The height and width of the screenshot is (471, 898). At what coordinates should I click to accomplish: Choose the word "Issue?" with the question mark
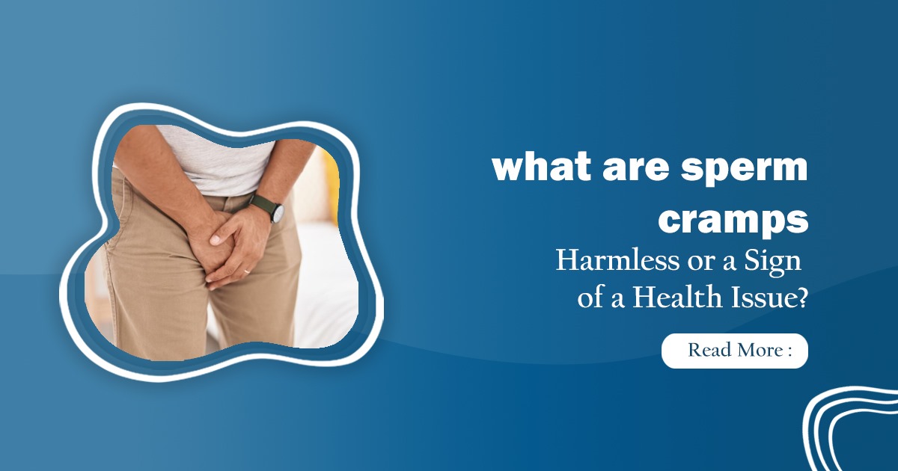773,298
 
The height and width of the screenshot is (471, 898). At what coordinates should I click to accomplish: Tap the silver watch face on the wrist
278,214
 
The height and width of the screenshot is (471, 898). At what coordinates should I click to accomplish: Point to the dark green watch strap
262,204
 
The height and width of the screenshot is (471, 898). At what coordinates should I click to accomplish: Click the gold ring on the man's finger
247,271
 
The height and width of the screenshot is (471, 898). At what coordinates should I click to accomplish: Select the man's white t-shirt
224,161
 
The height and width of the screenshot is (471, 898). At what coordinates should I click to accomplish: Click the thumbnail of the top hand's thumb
215,241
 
